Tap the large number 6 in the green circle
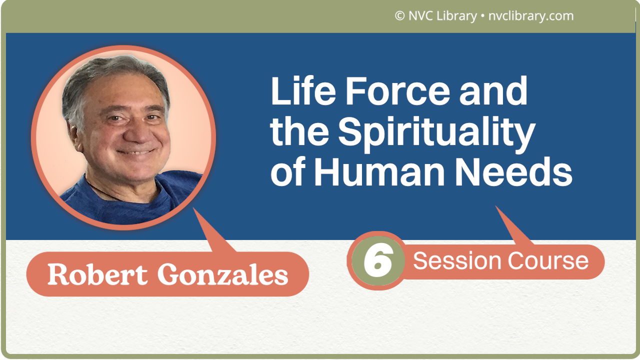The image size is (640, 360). click(377, 261)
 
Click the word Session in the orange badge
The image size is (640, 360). click(457, 260)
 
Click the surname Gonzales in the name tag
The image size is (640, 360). click(222, 274)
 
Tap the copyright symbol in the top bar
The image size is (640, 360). click(399, 16)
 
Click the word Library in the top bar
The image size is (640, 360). click(456, 16)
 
